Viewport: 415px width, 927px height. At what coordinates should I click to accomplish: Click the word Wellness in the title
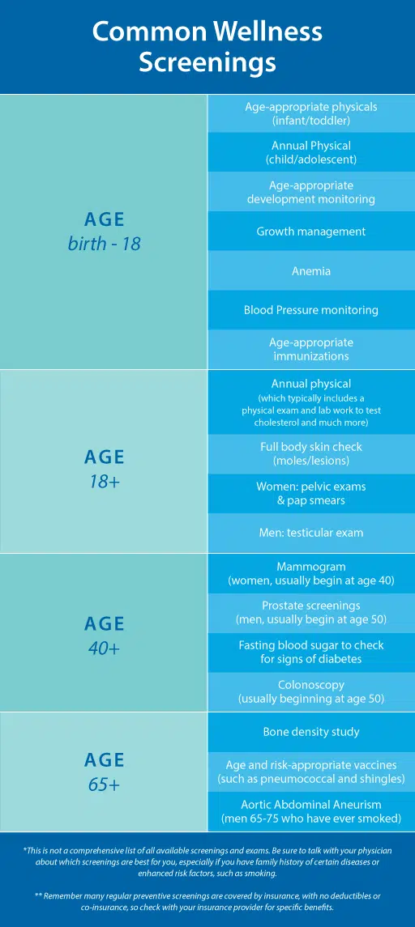click(x=264, y=32)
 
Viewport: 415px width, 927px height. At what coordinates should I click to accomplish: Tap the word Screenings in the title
click(x=207, y=62)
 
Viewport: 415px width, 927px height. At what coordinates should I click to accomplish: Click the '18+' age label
click(x=105, y=481)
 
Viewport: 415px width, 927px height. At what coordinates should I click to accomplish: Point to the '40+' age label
click(x=105, y=648)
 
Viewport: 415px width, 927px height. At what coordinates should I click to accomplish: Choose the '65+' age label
click(x=105, y=785)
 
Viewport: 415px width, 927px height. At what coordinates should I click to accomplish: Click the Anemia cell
click(x=311, y=270)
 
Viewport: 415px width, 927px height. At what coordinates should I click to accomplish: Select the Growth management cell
click(x=311, y=232)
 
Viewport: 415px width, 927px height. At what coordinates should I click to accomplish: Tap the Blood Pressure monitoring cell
click(x=311, y=310)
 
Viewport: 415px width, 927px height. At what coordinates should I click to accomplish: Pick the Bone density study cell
click(x=311, y=732)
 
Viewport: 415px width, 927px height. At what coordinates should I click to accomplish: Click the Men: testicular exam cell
click(x=311, y=533)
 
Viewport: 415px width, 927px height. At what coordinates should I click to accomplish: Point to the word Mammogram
click(x=310, y=567)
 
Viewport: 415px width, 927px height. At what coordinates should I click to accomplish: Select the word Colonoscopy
click(x=311, y=685)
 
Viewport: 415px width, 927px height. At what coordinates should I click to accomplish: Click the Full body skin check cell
click(x=311, y=454)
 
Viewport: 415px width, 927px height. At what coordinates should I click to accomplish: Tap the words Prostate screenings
click(x=311, y=606)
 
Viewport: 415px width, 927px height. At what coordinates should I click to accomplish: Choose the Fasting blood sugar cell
click(x=311, y=652)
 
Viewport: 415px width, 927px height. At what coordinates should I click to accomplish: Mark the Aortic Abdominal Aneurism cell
click(x=311, y=812)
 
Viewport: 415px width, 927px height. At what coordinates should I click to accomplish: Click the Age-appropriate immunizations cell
click(x=311, y=350)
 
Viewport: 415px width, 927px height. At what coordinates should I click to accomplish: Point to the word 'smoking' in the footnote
click(x=259, y=873)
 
